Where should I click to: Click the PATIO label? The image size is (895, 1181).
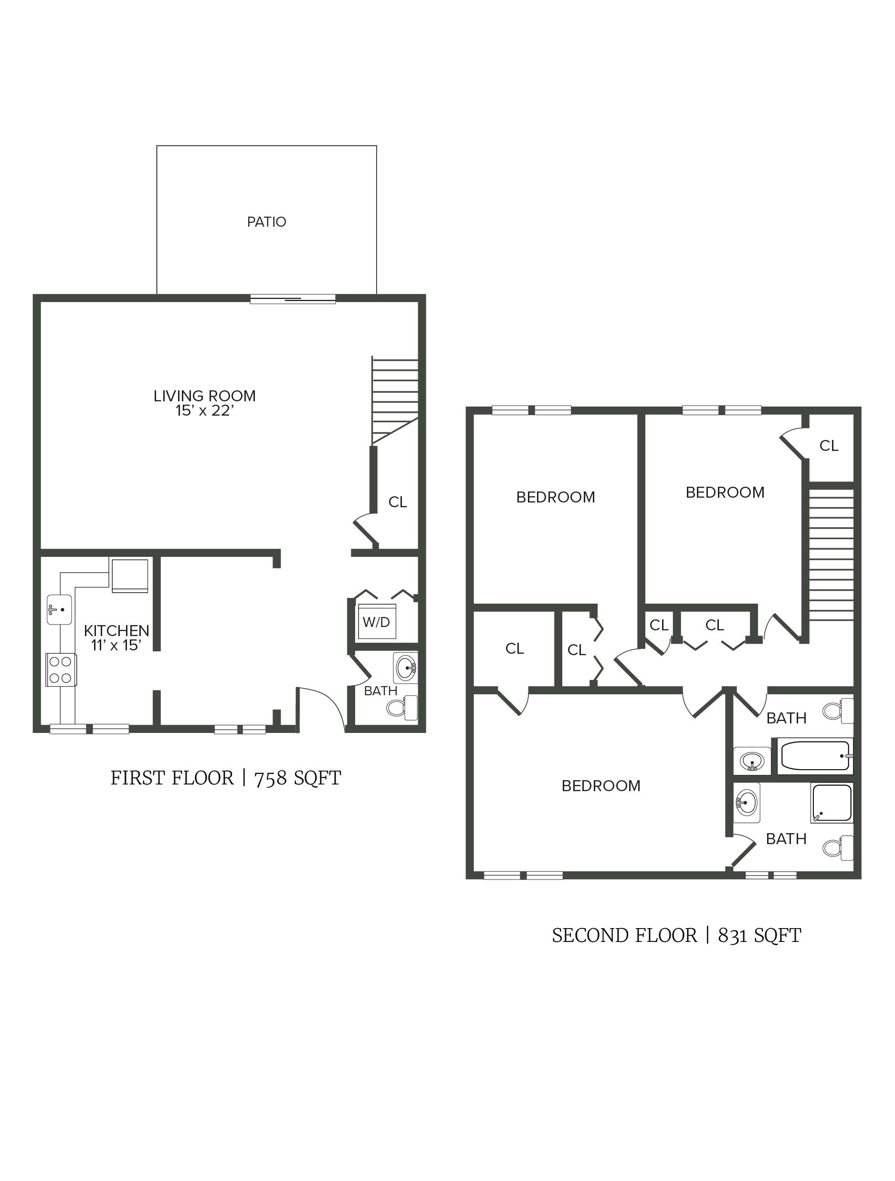(266, 222)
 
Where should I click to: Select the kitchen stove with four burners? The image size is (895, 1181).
(61, 669)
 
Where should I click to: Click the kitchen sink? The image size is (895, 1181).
(59, 609)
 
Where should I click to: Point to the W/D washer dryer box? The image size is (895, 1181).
(377, 621)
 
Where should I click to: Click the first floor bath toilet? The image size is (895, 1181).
(403, 708)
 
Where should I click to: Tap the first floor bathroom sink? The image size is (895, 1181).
(406, 668)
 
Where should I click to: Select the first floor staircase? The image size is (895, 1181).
(395, 400)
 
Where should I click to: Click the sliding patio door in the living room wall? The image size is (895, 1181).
(293, 300)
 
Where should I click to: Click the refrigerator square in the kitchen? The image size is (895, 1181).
(130, 575)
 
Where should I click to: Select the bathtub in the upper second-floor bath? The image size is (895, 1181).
(815, 756)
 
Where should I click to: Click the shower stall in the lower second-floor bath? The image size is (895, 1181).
(832, 803)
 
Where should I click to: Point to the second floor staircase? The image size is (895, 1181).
(832, 555)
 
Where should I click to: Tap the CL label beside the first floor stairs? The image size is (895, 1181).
(397, 502)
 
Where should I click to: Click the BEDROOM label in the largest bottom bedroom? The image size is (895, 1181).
(601, 786)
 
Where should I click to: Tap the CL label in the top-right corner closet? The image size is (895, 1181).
(829, 446)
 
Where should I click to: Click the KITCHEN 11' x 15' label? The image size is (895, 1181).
(116, 638)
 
